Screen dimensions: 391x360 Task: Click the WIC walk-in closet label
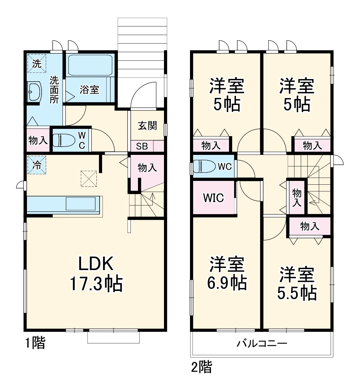tap(213, 198)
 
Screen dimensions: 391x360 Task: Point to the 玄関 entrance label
tap(147, 125)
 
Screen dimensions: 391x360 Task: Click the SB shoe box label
tap(142, 146)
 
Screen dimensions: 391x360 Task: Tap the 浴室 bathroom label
tap(89, 90)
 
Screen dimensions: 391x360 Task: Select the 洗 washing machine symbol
tap(36, 63)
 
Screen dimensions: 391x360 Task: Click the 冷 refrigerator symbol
tap(36, 165)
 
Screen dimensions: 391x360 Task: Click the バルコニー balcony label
tap(262, 344)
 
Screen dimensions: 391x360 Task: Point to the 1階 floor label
tap(35, 343)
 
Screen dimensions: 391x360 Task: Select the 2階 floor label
tap(201, 367)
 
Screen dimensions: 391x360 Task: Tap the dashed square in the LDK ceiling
tap(88, 179)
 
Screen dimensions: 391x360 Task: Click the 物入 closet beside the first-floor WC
tap(38, 140)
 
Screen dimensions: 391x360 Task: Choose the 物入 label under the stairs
tap(147, 167)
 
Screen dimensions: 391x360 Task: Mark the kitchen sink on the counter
tap(81, 203)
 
